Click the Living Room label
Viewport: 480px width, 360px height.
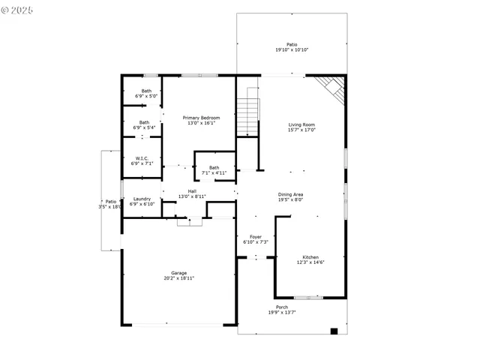click(x=302, y=124)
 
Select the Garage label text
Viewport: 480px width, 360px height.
click(x=178, y=273)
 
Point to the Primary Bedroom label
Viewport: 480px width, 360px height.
click(x=202, y=118)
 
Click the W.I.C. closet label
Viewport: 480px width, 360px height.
click(x=142, y=158)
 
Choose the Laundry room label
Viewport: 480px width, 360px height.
click(x=142, y=199)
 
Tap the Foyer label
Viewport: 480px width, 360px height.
click(x=256, y=237)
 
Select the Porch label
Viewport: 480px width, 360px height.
click(x=282, y=307)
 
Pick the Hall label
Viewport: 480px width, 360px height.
click(x=192, y=190)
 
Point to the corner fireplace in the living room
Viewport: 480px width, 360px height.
click(x=331, y=88)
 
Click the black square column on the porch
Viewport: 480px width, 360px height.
click(x=334, y=331)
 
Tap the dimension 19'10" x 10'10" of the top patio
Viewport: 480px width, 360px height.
click(x=292, y=50)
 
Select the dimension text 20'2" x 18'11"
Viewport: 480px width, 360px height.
click(x=178, y=278)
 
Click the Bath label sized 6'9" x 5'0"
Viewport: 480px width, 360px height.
click(x=146, y=91)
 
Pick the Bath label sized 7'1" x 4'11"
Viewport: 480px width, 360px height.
click(x=214, y=168)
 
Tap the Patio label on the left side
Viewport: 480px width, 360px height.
click(x=110, y=201)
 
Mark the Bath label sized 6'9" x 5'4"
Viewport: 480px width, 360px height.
click(x=144, y=122)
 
